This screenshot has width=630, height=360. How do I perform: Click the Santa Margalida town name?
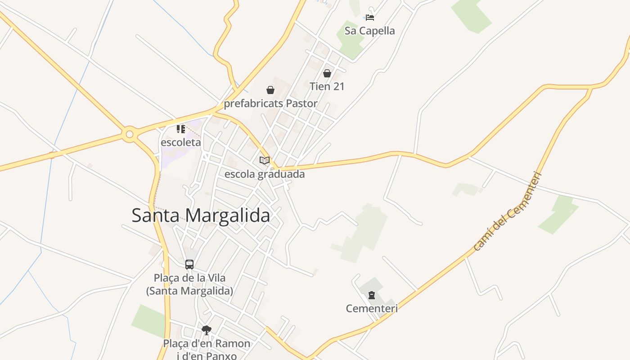(201, 215)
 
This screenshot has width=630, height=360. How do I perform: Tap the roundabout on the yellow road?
(130, 134)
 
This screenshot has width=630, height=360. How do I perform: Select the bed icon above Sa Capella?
(369, 18)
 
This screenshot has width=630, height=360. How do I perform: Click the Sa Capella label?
(369, 31)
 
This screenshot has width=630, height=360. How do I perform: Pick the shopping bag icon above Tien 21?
(327, 73)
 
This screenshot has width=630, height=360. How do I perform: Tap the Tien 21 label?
(327, 86)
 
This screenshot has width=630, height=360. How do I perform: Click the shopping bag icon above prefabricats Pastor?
(270, 90)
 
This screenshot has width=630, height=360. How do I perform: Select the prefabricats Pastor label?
(270, 103)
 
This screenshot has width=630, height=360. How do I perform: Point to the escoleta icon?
(181, 130)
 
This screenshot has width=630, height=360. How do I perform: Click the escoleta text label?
(181, 142)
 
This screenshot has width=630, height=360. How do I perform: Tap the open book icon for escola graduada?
(265, 160)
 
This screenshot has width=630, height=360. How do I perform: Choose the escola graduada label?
(265, 174)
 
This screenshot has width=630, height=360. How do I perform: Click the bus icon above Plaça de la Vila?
(189, 265)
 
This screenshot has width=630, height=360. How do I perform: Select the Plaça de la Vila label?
(189, 284)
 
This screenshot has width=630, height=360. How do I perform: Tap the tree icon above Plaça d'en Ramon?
(207, 330)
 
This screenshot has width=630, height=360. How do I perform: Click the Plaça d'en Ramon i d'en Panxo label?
(207, 350)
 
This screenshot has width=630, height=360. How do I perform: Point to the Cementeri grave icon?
(372, 295)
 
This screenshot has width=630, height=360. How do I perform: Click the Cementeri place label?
(372, 308)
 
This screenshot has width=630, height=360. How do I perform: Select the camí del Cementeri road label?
(507, 211)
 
